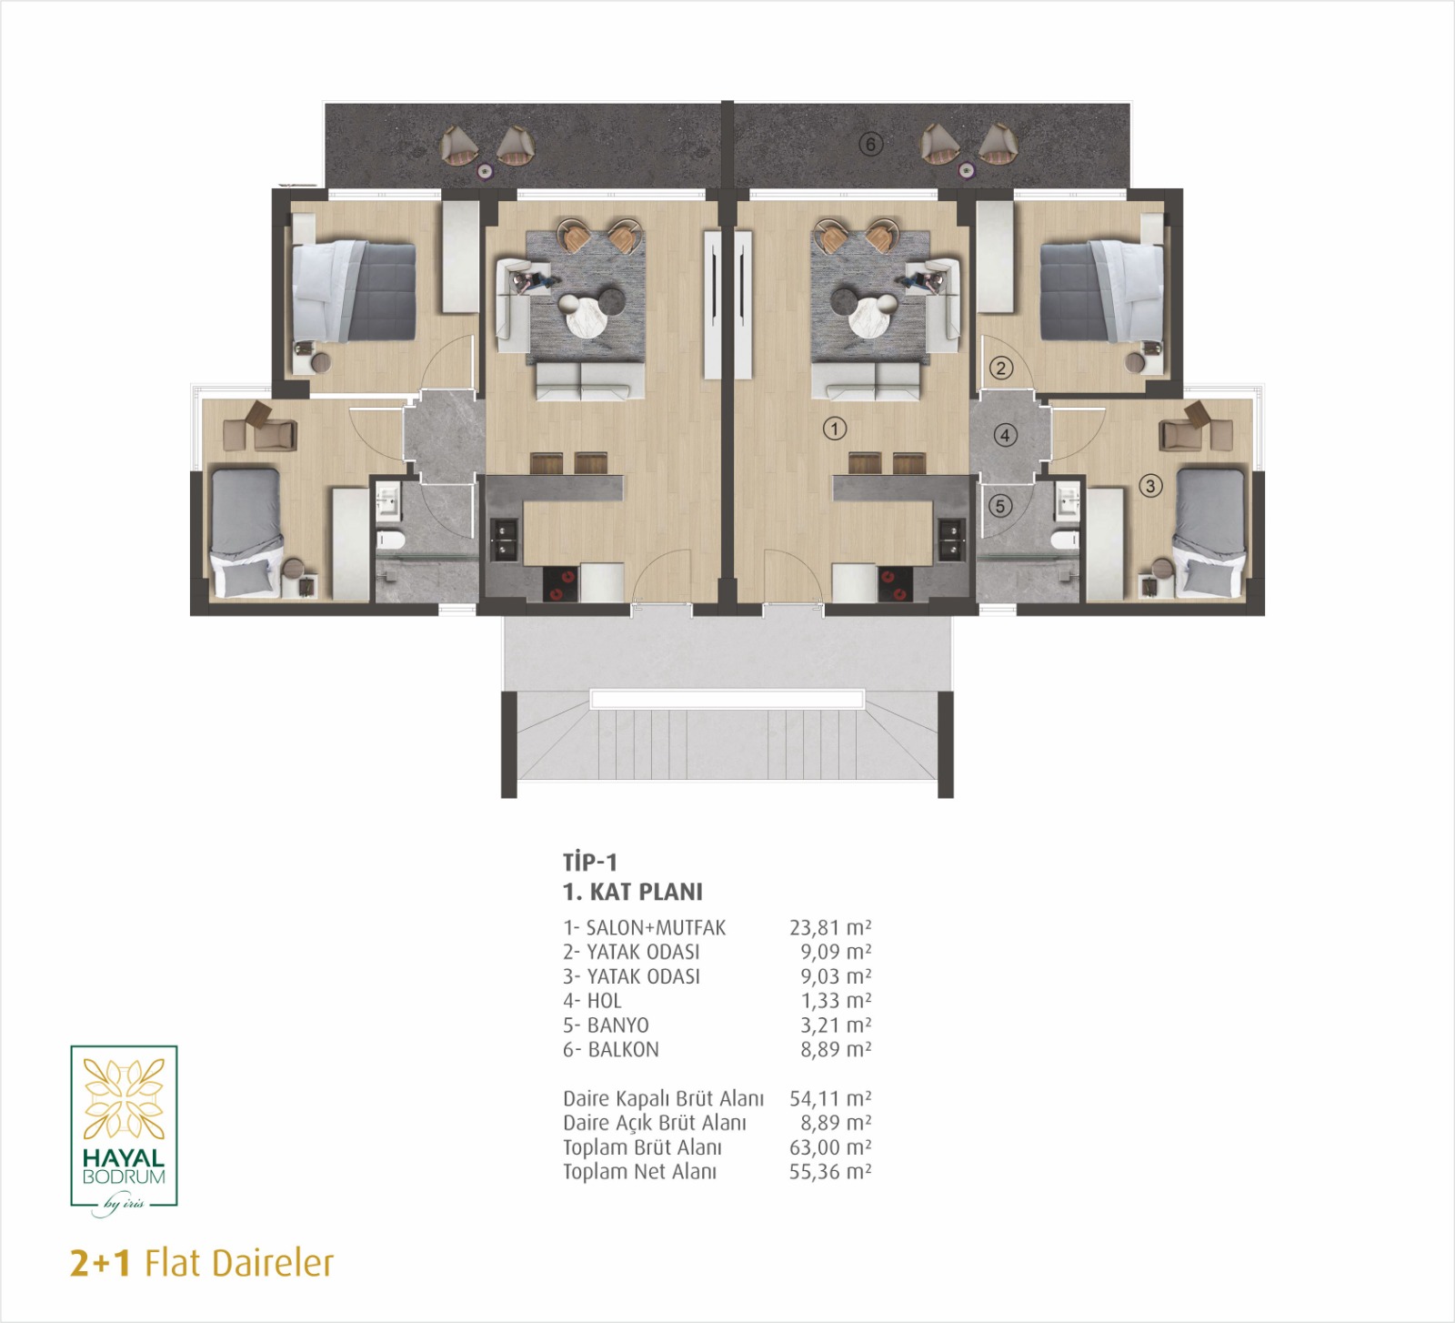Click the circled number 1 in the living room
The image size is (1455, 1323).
835,428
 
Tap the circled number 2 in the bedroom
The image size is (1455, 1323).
1001,368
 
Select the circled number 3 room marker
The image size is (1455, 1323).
1150,486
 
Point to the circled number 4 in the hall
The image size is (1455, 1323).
1005,435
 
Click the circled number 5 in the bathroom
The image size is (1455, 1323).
1000,505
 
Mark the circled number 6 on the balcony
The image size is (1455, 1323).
871,144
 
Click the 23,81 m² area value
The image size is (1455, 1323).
830,928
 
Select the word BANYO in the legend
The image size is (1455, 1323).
618,1025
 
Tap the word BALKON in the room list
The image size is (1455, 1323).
624,1050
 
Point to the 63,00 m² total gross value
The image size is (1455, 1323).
830,1147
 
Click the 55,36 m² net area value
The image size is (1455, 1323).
830,1172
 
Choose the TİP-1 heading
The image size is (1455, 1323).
590,862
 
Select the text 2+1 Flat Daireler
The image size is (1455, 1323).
202,1264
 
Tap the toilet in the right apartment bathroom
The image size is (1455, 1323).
1062,542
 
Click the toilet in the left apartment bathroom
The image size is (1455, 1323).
390,542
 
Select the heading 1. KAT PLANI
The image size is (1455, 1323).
633,893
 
